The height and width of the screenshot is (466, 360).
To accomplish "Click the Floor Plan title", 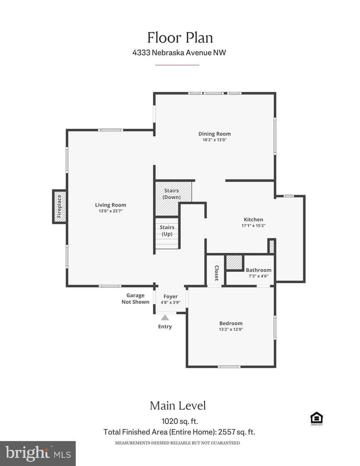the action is click(180, 38).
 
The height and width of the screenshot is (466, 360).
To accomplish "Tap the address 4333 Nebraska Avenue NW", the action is click(179, 53).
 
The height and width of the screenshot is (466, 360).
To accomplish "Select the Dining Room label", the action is click(215, 134).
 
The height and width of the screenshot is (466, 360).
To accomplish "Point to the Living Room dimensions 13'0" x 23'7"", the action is click(111, 211).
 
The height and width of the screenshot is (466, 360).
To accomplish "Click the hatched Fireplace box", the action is click(59, 207).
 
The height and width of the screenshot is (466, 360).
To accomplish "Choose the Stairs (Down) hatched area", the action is click(174, 198).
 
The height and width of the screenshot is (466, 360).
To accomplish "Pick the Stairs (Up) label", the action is click(167, 230).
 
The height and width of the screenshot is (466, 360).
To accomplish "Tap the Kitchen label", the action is click(253, 220).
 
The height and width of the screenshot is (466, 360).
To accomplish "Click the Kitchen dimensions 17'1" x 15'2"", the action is click(253, 226).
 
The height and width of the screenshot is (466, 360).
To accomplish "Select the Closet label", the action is click(216, 273).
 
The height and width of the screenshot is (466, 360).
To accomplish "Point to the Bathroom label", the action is click(258, 270).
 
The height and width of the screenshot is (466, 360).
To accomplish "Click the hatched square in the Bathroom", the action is click(234, 263).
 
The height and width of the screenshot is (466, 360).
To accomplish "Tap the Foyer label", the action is click(171, 296).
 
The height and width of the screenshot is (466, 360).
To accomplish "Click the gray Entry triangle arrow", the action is click(165, 318).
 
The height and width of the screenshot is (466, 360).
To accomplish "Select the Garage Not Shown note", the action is click(135, 299).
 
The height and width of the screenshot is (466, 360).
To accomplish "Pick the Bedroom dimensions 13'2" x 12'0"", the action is click(231, 329).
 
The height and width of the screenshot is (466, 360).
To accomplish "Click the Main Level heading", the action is click(178, 406).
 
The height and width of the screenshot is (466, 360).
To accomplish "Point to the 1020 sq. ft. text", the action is click(180, 422).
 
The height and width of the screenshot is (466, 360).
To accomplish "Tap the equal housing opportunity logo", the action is click(316, 419).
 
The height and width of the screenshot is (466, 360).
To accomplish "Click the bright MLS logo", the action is click(38, 453).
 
